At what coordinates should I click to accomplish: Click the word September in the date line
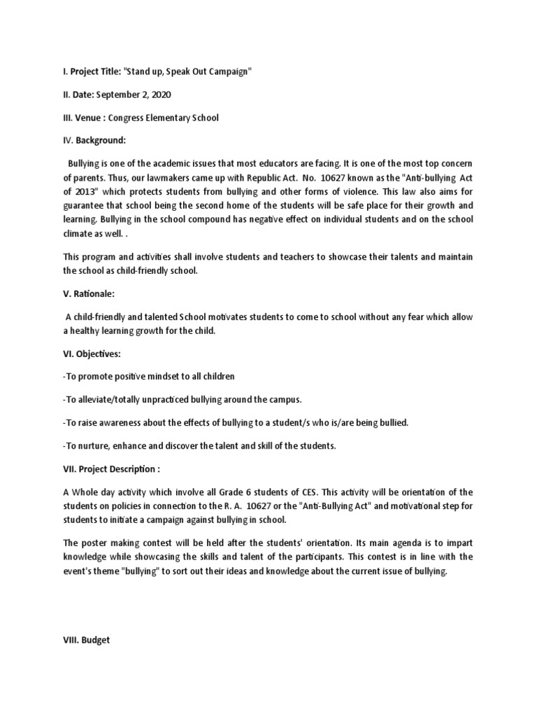(113, 95)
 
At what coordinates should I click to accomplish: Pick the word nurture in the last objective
(91, 446)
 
